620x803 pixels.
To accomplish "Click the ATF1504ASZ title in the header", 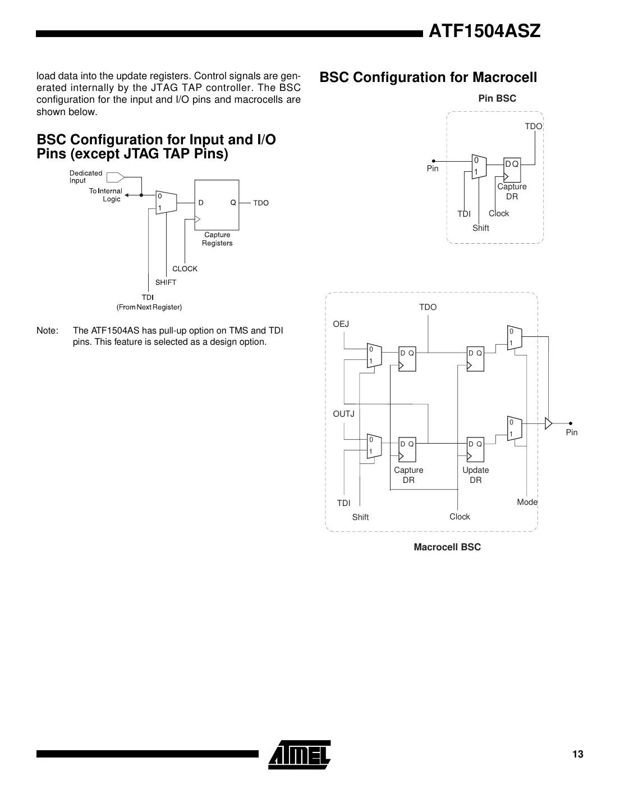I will (x=484, y=31).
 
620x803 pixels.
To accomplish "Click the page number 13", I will (x=577, y=754).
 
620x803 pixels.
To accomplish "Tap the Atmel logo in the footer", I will (x=300, y=754).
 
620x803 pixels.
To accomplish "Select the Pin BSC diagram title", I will (x=497, y=98).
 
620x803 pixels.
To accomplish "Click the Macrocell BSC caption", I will (x=447, y=547).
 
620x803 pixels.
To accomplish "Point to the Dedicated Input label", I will (x=85, y=177).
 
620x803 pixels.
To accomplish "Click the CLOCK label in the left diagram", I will (x=185, y=269).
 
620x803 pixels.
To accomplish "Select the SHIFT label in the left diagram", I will (x=166, y=282).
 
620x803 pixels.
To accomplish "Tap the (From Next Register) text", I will (x=149, y=307).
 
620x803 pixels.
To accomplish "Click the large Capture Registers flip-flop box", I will (x=217, y=205).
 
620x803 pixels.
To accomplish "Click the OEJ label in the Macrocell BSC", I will (x=341, y=324).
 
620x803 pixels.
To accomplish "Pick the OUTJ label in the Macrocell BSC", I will (x=343, y=414).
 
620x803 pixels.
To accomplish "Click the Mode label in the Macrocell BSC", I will (x=527, y=502).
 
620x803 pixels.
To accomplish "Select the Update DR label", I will (x=475, y=475).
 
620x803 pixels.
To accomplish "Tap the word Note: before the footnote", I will (x=47, y=331).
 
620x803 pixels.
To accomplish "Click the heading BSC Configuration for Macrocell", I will (x=428, y=77).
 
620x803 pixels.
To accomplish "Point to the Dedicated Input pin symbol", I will (x=115, y=177).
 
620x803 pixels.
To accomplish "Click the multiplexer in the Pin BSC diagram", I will (x=478, y=166).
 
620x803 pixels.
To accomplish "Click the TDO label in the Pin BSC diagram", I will (x=533, y=126).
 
